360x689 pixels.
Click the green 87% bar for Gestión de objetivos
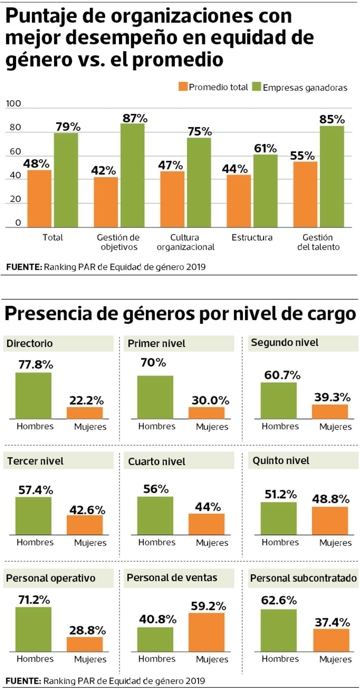(x=132, y=175)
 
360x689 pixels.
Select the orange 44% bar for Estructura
(x=239, y=201)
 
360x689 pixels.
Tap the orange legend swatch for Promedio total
(x=183, y=87)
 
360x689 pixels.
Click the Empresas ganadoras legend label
(x=305, y=88)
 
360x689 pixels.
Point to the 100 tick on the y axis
(x=13, y=104)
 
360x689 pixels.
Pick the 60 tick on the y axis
(x=15, y=151)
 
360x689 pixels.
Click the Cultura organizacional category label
(x=185, y=242)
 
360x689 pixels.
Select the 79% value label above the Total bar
(x=68, y=127)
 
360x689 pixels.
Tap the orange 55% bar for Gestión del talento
(x=305, y=194)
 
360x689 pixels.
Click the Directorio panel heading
(x=30, y=344)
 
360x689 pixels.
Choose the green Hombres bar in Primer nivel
(x=155, y=397)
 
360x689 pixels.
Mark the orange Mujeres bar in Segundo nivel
(x=330, y=412)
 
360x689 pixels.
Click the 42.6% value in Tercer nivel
(x=87, y=510)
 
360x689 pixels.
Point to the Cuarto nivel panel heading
(x=157, y=462)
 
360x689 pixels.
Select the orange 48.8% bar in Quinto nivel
(x=330, y=521)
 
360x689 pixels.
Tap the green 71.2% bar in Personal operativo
(x=33, y=629)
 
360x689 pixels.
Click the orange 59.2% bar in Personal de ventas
(x=207, y=632)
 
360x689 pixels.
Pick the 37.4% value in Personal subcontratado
(x=332, y=622)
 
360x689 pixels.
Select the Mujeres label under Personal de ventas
(x=212, y=659)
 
